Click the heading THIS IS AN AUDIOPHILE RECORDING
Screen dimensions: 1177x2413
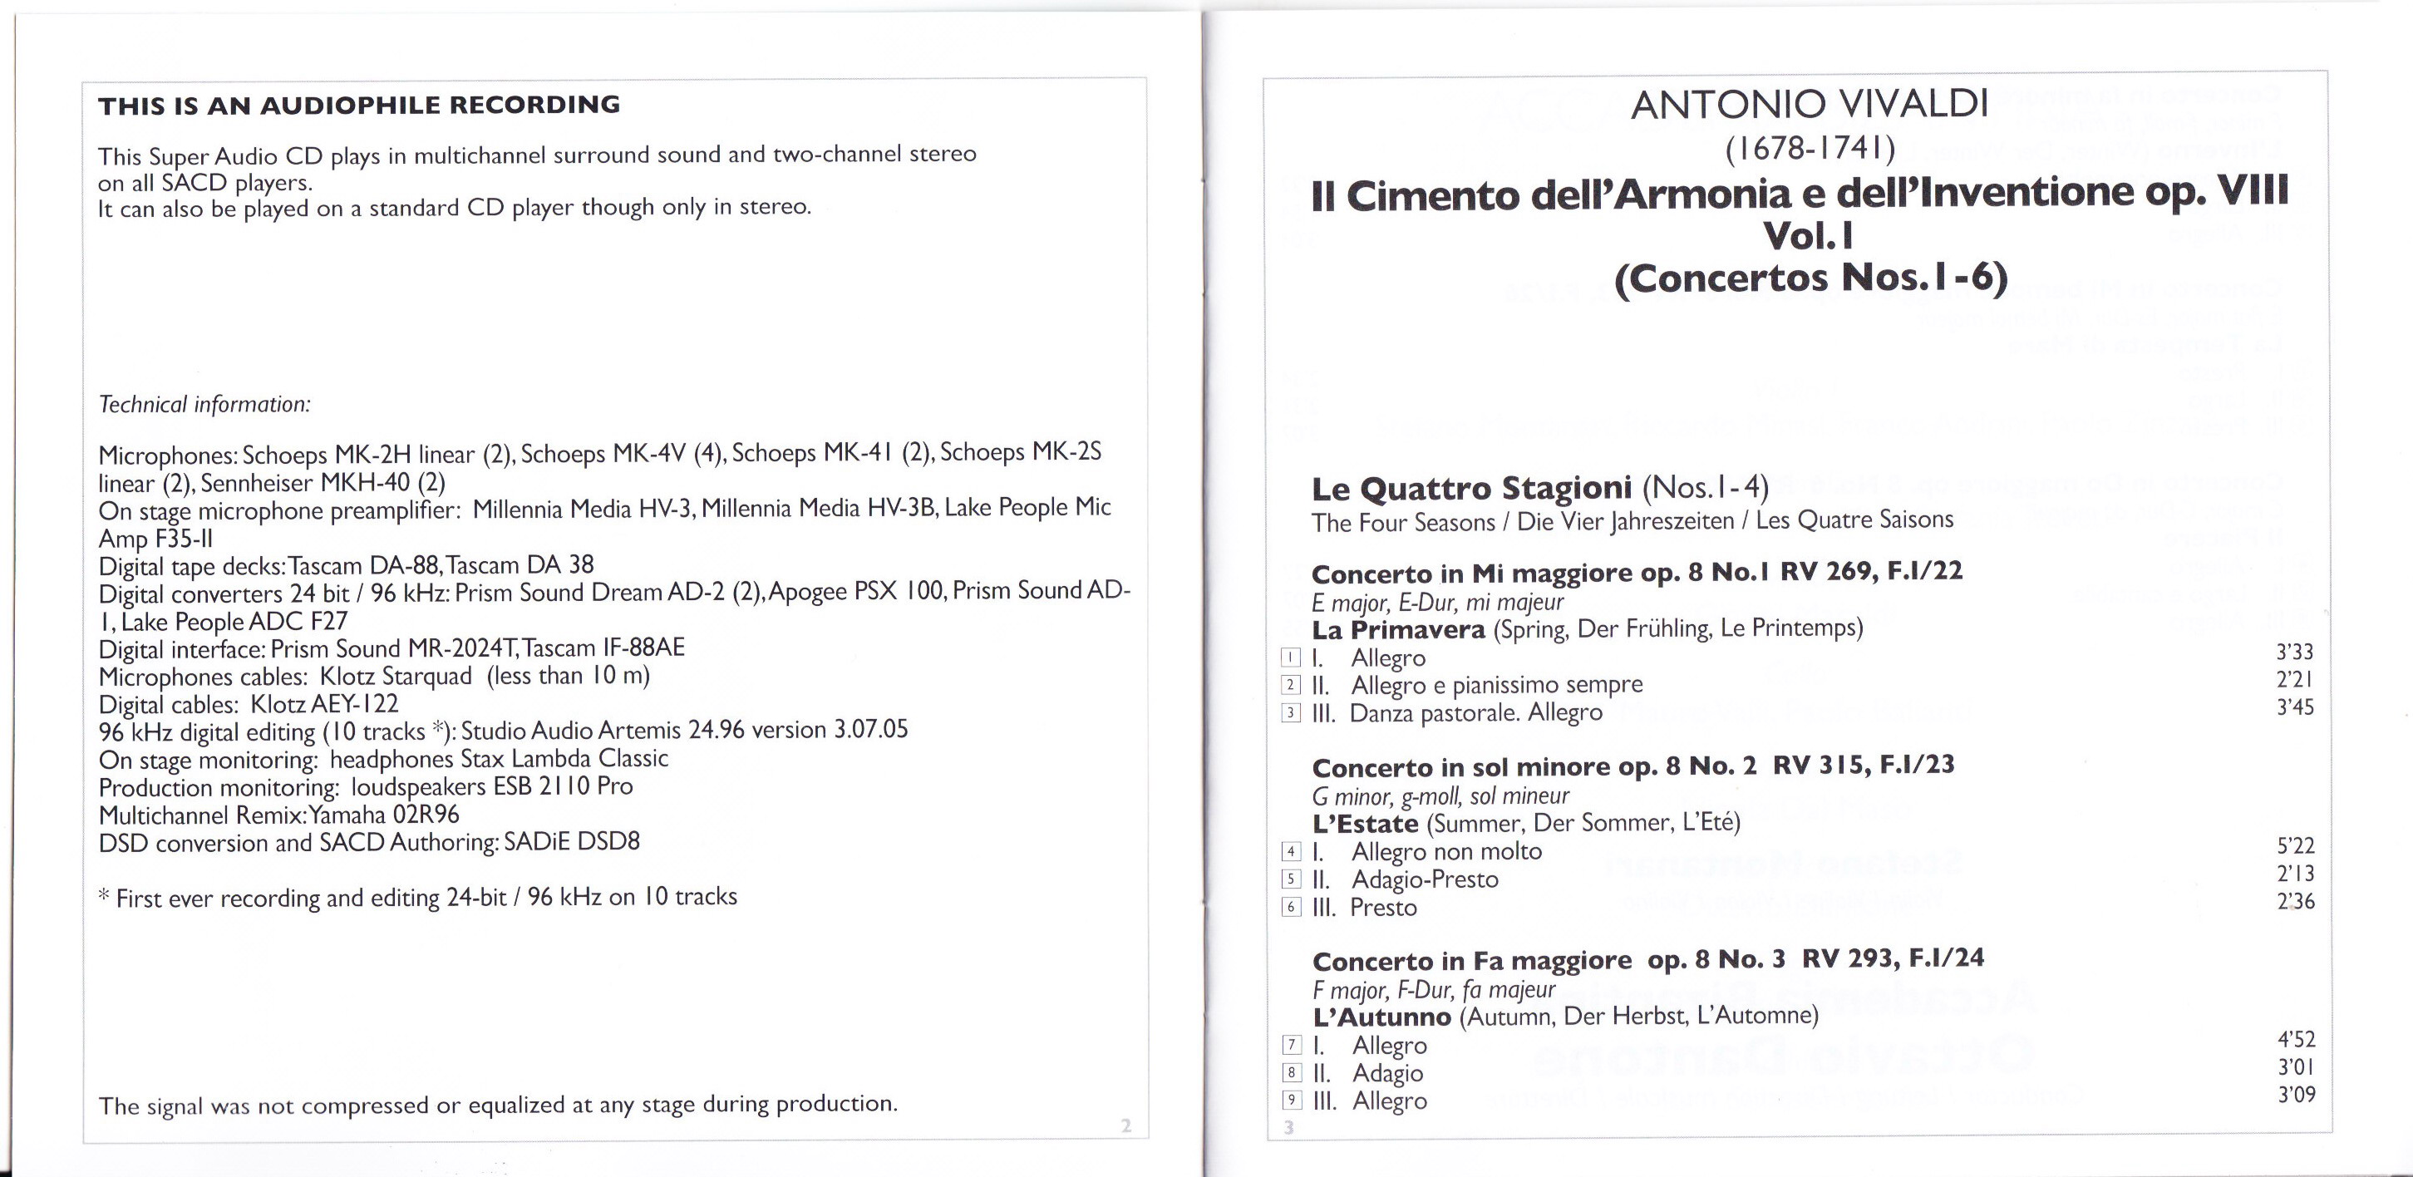pos(359,105)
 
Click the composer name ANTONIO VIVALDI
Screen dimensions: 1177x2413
pos(1809,105)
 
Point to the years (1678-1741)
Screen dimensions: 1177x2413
pos(1810,148)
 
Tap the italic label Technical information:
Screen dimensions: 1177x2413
pos(204,405)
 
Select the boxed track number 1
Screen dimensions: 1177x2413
pos(1291,657)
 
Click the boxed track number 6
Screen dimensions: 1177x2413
pos(1291,907)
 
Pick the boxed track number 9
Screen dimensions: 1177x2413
pos(1291,1101)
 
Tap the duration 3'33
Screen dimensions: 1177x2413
pos(2295,653)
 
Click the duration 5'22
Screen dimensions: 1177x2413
pos(2295,846)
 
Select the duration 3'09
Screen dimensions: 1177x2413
pos(2296,1095)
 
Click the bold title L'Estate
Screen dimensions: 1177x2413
pos(1366,825)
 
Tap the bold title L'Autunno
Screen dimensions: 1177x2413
pos(1381,1017)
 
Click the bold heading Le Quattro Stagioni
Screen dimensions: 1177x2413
pos(1471,488)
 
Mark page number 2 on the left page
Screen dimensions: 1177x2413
pos(1126,1126)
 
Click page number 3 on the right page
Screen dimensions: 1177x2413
pos(1289,1127)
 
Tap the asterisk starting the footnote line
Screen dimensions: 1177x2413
pos(104,896)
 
